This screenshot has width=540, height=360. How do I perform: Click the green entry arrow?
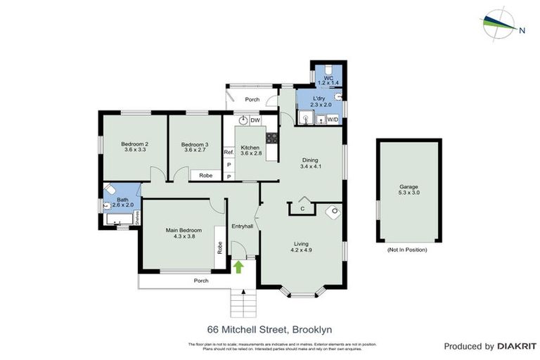[x=238, y=266]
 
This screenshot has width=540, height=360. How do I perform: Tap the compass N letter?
[x=522, y=30]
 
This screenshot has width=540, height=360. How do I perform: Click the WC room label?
[x=328, y=79]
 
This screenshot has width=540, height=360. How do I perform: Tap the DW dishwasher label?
[x=255, y=120]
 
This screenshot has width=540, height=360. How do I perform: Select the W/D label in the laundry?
[x=330, y=120]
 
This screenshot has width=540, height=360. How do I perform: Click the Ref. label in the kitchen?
[x=229, y=152]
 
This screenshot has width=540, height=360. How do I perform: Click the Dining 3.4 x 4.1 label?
[x=310, y=163]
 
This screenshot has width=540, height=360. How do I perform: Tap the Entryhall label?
[x=243, y=226]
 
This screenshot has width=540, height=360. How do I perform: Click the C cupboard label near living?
[x=302, y=208]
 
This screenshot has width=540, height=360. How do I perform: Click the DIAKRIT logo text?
[x=517, y=346]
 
